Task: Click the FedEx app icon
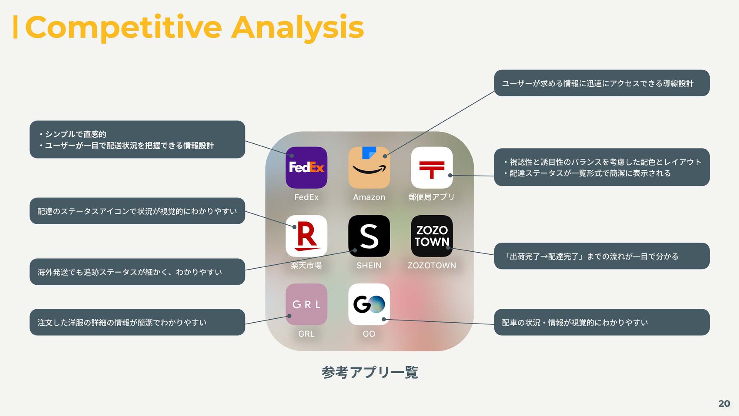pyautogui.click(x=306, y=168)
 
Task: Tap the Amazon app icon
pyautogui.click(x=369, y=168)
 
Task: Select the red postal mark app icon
pyautogui.click(x=431, y=168)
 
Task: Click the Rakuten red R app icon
pyautogui.click(x=306, y=236)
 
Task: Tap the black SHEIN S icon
pyautogui.click(x=369, y=236)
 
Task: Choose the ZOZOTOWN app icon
pyautogui.click(x=431, y=236)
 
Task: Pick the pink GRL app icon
pyautogui.click(x=306, y=304)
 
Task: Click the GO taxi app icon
pyautogui.click(x=369, y=304)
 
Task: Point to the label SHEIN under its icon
pyautogui.click(x=369, y=265)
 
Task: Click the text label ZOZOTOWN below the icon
pyautogui.click(x=431, y=265)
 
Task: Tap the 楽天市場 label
pyautogui.click(x=306, y=265)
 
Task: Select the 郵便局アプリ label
pyautogui.click(x=431, y=197)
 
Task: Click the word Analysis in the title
pyautogui.click(x=297, y=28)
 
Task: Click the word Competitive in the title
pyautogui.click(x=123, y=28)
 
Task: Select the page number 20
pyautogui.click(x=724, y=403)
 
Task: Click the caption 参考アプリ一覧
pyautogui.click(x=369, y=372)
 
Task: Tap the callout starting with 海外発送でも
pyautogui.click(x=137, y=272)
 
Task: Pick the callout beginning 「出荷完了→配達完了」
pyautogui.click(x=602, y=256)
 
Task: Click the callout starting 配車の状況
pyautogui.click(x=602, y=322)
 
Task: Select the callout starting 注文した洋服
pyautogui.click(x=137, y=322)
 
